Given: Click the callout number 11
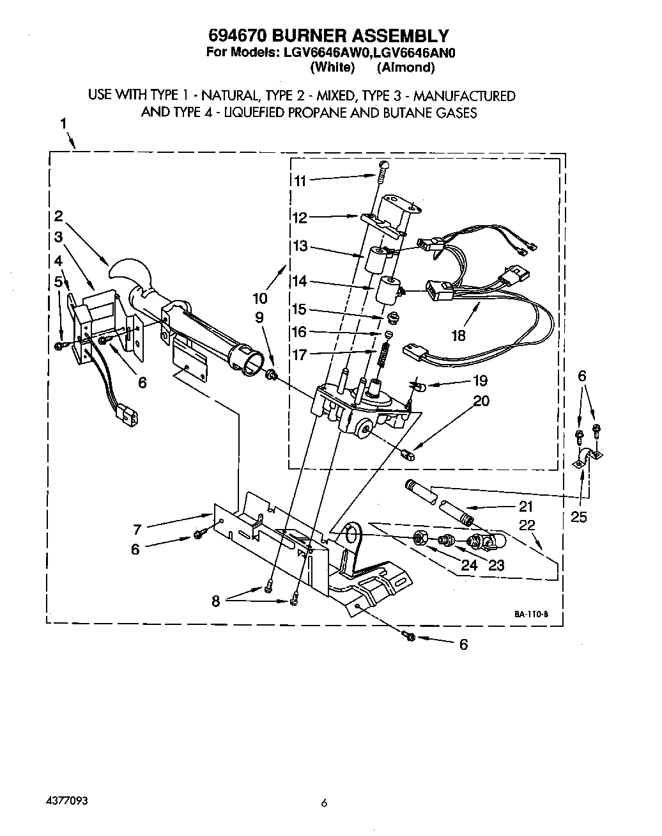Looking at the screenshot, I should pos(300,180).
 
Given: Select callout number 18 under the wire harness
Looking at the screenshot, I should pos(458,335).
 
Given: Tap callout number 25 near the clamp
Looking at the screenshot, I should pos(578,516).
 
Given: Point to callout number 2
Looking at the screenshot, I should pos(58,216).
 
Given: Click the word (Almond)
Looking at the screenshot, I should pos(405,67).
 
